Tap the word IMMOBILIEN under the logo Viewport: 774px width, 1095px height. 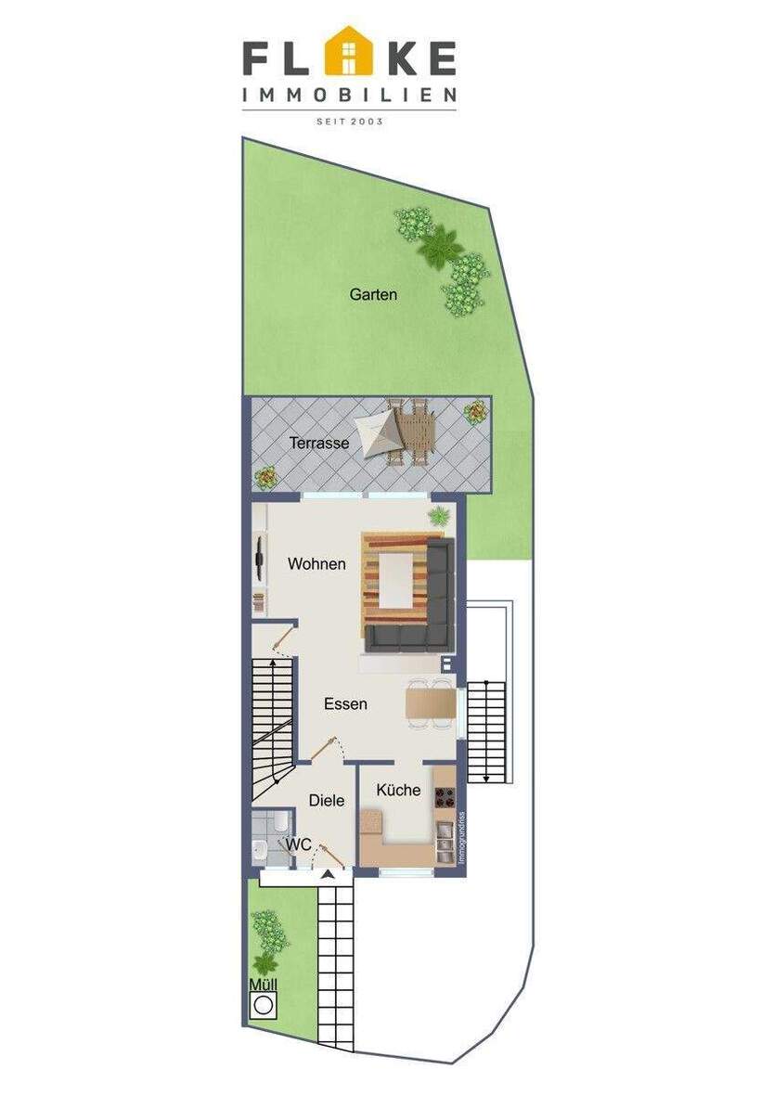coord(349,95)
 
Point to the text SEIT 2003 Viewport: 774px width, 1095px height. coord(349,121)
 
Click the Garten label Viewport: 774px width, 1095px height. coord(373,295)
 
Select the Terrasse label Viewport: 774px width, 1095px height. coord(319,444)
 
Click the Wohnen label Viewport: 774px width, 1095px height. coord(316,563)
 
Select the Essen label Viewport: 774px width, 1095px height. coord(345,704)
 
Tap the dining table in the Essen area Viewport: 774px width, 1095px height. coord(431,702)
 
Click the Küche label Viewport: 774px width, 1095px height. coord(398,791)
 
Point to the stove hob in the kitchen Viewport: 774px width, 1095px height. coord(445,795)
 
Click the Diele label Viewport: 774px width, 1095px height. coord(327,800)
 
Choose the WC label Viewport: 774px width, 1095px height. coord(298,845)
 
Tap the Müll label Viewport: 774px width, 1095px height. coord(263,985)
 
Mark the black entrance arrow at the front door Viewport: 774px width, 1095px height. coord(327,874)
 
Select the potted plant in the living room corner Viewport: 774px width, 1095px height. coord(436,516)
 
